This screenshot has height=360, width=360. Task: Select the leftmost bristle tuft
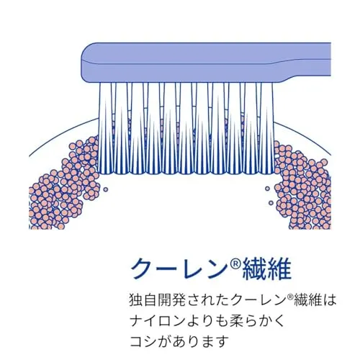[106, 128]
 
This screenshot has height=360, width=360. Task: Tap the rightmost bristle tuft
[266, 128]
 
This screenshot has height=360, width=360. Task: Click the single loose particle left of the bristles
[105, 189]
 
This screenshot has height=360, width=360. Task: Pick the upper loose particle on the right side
[268, 189]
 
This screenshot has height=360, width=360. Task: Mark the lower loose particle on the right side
[271, 203]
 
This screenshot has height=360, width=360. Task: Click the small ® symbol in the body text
[290, 297]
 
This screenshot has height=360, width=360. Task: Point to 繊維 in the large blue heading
[266, 269]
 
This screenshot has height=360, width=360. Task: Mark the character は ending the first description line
[329, 300]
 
